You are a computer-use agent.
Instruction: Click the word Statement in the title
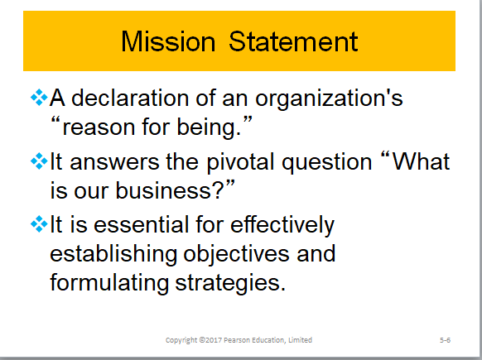point(294,41)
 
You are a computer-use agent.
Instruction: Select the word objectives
point(239,254)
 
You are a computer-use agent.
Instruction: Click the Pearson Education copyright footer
point(239,340)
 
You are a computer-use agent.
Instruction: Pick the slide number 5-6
point(445,340)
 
